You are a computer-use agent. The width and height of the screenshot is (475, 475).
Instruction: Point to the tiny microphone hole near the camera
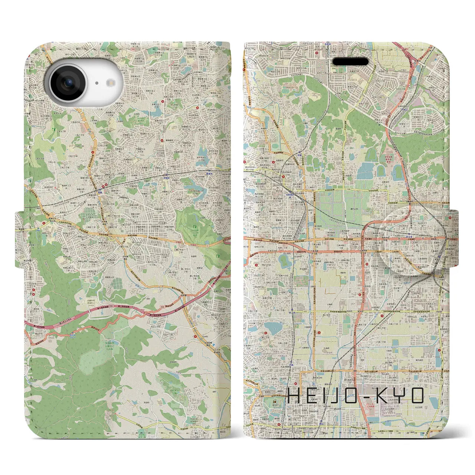(x=96, y=83)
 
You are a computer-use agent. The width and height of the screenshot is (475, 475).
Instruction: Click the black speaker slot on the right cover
(x=350, y=61)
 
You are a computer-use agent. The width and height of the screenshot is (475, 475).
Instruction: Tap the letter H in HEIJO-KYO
(x=294, y=396)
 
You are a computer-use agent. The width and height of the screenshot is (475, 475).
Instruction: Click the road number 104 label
(x=348, y=189)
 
